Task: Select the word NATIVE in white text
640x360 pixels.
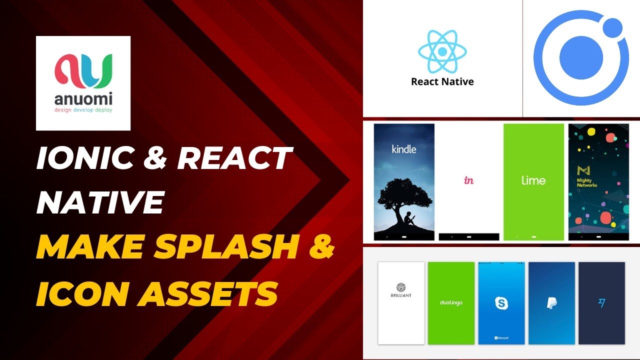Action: coord(100,201)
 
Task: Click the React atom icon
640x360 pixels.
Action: coord(442,51)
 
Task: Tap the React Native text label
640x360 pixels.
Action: coord(442,81)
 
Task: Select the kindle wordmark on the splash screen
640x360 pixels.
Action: coord(404,148)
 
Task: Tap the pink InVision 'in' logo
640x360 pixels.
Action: coord(469,180)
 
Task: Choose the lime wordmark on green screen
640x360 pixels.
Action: coord(533,180)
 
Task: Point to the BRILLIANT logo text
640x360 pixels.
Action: coord(401,295)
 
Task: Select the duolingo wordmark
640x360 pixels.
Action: coord(451,303)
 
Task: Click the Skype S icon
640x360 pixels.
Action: coord(501,303)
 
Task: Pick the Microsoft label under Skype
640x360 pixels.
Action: coord(501,338)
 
